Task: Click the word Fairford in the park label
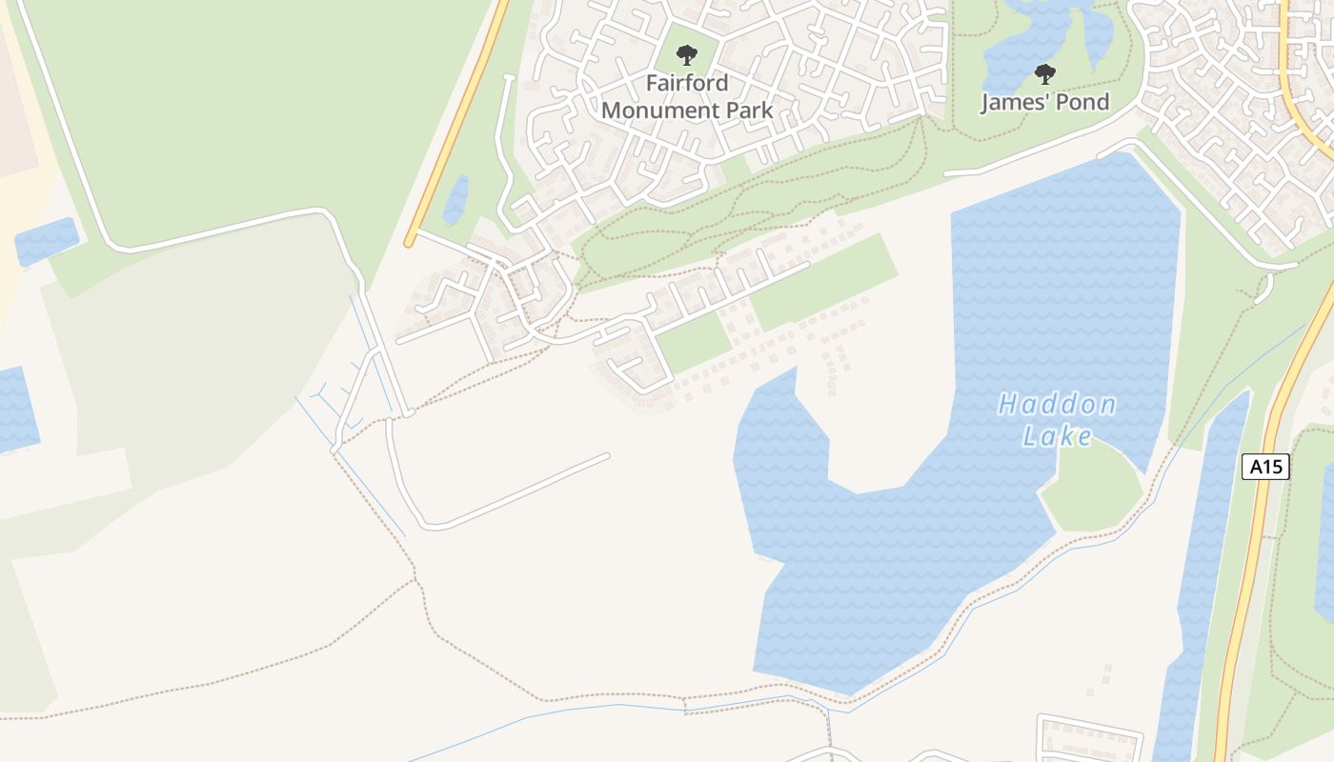[686, 83]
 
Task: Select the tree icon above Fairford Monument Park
[686, 55]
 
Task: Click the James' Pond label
[1044, 102]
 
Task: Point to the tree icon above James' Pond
[1045, 73]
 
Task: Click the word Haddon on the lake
[1057, 406]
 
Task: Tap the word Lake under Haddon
[1057, 436]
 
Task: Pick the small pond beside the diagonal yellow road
[456, 199]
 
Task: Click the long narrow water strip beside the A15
[1203, 571]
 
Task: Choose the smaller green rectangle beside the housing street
[693, 341]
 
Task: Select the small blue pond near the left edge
[46, 241]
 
